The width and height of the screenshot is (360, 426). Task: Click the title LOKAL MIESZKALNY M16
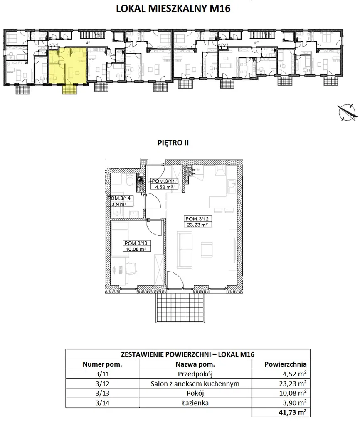pyautogui.click(x=173, y=8)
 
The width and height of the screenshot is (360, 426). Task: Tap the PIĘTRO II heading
pyautogui.click(x=173, y=143)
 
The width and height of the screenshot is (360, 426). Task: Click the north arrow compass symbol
pyautogui.click(x=347, y=112)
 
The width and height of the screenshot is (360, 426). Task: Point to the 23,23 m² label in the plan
pyautogui.click(x=197, y=225)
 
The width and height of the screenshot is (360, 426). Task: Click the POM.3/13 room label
pyautogui.click(x=137, y=243)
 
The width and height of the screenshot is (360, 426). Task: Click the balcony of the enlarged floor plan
pyautogui.click(x=180, y=307)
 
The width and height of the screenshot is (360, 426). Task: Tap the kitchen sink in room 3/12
pyautogui.click(x=231, y=185)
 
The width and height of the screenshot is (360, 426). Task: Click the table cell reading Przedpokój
pyautogui.click(x=195, y=374)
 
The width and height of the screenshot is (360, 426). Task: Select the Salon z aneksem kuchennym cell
pyautogui.click(x=195, y=384)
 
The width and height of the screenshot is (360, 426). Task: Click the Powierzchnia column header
pyautogui.click(x=285, y=364)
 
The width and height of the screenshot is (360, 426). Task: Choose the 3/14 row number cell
pyautogui.click(x=102, y=403)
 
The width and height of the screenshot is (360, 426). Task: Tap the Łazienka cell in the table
pyautogui.click(x=195, y=403)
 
